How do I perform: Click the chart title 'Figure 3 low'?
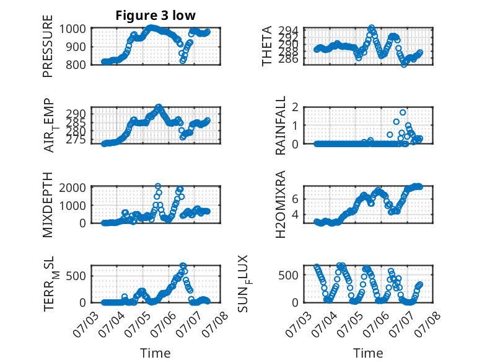click(x=156, y=16)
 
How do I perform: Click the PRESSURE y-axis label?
click(x=48, y=46)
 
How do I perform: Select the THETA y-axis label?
click(x=267, y=46)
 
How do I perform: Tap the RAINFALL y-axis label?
click(x=281, y=125)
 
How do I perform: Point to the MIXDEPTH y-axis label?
click(x=48, y=205)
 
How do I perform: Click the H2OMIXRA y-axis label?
click(x=281, y=204)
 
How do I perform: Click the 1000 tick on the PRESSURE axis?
click(x=72, y=29)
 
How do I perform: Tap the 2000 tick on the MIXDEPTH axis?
click(x=72, y=188)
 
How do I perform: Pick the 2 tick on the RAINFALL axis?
click(x=295, y=107)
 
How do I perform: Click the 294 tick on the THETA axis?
click(x=288, y=30)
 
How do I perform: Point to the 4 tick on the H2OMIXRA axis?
click(x=295, y=214)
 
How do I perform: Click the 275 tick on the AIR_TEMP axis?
click(x=76, y=140)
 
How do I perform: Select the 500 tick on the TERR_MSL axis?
click(x=76, y=276)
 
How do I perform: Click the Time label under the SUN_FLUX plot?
click(x=368, y=353)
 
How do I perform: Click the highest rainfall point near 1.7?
click(x=403, y=112)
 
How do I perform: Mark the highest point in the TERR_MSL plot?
click(x=183, y=266)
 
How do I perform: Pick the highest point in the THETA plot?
click(x=371, y=28)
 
